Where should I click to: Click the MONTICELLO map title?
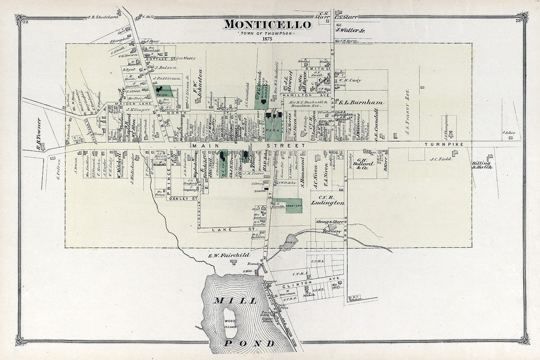(x=267, y=24)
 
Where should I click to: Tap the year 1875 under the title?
(x=267, y=39)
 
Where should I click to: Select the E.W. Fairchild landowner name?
(x=229, y=255)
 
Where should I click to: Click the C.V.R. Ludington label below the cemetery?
(x=328, y=200)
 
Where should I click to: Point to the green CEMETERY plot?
(x=293, y=206)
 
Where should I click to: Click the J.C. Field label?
(x=440, y=159)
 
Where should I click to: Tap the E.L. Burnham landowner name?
(x=361, y=102)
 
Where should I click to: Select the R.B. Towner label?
(x=39, y=128)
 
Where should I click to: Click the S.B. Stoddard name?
(x=103, y=17)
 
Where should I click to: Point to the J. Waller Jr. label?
(x=350, y=31)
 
